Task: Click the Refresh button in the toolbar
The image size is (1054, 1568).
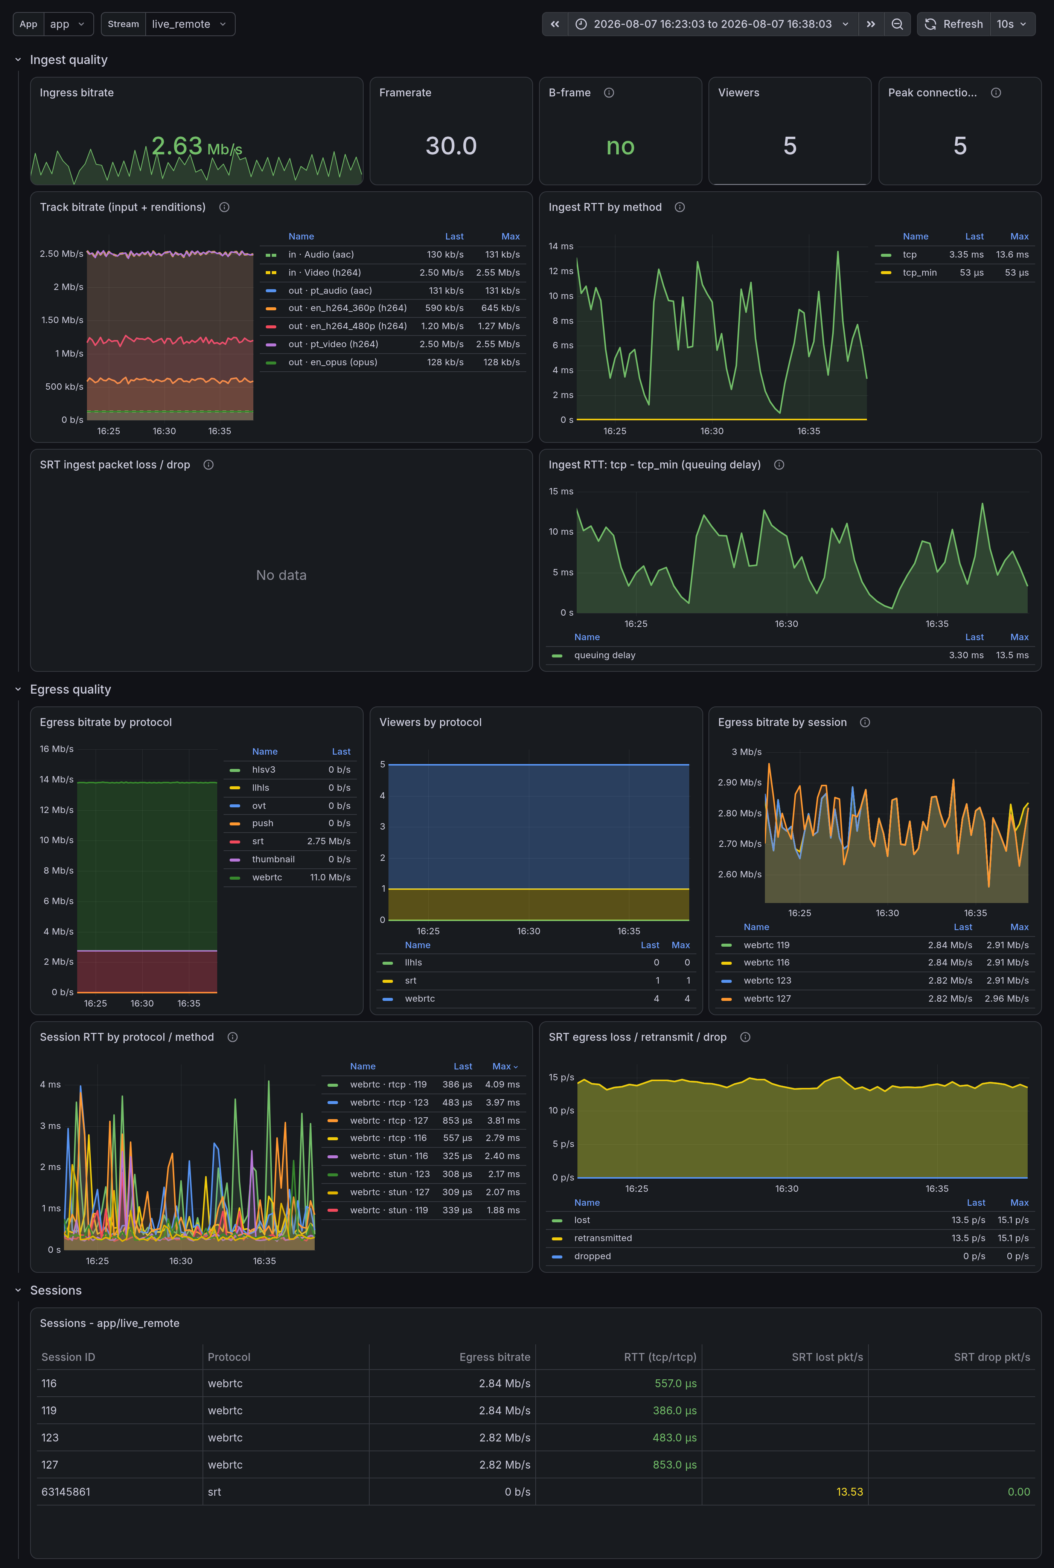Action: coord(954,24)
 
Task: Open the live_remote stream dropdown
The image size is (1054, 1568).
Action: coord(190,24)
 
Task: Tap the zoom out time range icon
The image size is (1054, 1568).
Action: coord(897,24)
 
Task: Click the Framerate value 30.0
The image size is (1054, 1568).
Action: coord(451,146)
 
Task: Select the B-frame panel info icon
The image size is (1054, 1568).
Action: coord(609,93)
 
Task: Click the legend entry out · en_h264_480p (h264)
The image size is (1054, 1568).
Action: coord(347,326)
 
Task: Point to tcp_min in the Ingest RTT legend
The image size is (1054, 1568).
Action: coord(920,272)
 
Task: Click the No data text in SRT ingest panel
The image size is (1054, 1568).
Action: coord(281,575)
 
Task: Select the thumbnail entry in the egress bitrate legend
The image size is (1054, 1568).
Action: coord(273,859)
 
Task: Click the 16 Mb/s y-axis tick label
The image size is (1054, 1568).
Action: coord(56,749)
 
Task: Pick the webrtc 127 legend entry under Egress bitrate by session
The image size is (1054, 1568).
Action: coord(767,999)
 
